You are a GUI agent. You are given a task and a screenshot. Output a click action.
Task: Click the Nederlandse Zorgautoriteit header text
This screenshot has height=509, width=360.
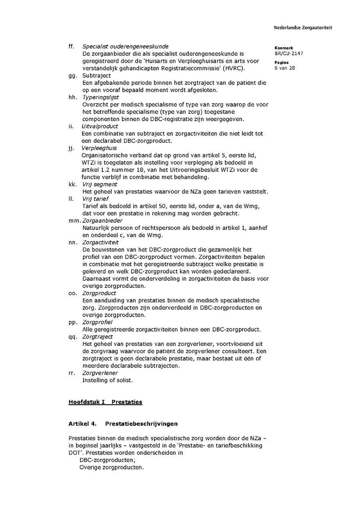tap(303, 28)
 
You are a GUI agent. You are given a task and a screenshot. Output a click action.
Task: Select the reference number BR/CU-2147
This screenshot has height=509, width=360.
tap(289, 53)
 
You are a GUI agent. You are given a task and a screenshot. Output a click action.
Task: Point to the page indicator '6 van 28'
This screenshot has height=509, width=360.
tap(285, 68)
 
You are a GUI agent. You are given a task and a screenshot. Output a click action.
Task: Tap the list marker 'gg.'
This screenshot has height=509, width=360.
tap(72, 76)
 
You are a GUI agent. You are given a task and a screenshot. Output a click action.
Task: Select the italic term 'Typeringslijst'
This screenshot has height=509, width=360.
tap(100, 97)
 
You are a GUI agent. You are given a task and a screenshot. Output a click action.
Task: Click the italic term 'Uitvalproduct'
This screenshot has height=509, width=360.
tap(100, 126)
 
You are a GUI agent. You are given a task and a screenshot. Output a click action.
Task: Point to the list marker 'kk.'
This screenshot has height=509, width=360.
tap(72, 184)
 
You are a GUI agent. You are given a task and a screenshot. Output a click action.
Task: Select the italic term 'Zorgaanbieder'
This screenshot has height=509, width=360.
tap(102, 221)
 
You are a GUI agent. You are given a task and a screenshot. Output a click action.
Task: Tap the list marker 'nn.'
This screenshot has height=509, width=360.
tap(72, 242)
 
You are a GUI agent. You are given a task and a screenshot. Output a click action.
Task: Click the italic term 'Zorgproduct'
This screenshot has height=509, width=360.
tap(99, 293)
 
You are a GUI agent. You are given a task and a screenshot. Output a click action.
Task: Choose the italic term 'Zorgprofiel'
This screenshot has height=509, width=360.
tap(97, 322)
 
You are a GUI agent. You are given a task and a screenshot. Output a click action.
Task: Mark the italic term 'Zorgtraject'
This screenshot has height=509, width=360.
tap(98, 337)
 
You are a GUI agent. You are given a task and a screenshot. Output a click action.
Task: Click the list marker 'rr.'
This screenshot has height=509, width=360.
tap(72, 373)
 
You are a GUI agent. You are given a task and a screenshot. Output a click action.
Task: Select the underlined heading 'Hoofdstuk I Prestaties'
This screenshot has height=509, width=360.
tap(105, 402)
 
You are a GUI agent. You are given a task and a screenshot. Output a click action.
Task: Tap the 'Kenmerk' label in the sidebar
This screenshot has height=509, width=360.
tap(284, 48)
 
